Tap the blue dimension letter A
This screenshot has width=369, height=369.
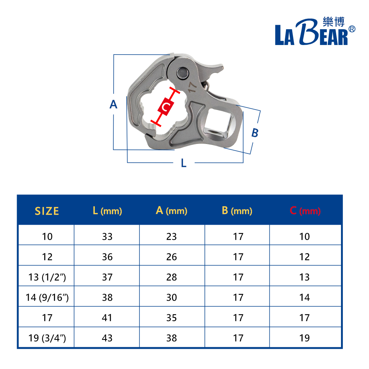coord(114,105)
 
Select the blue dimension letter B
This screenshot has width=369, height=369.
coord(255,133)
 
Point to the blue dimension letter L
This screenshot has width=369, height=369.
coord(184,163)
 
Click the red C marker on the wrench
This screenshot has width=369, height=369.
coord(166,107)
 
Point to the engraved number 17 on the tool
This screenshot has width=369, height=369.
coord(192,87)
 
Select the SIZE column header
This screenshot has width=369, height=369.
coord(47,211)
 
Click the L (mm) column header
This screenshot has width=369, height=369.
coord(107,211)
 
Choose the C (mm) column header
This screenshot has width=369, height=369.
coord(305,211)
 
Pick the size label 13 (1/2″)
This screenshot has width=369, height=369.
coord(47,277)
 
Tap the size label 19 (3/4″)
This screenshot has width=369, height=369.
coord(47,338)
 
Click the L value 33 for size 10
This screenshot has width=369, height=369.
coord(107,237)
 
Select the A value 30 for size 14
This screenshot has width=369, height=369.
coord(172,297)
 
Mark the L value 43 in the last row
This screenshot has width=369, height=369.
coord(107,338)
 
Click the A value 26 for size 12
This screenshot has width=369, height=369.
coord(172,257)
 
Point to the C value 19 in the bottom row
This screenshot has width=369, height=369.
coord(304,338)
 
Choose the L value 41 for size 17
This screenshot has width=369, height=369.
coord(107,318)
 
